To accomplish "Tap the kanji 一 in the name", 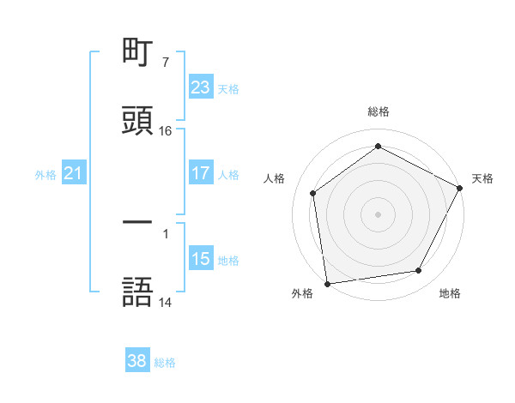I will [x=138, y=222].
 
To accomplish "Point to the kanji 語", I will [x=138, y=291].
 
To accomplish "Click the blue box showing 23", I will [x=201, y=87].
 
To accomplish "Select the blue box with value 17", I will [x=201, y=173].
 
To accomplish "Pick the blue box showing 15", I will [x=201, y=259].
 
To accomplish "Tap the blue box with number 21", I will [x=74, y=173].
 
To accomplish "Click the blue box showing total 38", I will [x=137, y=361].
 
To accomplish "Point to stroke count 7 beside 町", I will [x=165, y=63].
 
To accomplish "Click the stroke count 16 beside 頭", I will [x=166, y=131].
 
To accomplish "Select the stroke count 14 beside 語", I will [x=166, y=303].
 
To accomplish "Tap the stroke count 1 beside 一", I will [x=165, y=233].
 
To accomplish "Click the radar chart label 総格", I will [x=378, y=111].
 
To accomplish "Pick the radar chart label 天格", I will [x=482, y=178].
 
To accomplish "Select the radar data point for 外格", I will [x=327, y=282].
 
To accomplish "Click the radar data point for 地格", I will [x=419, y=271].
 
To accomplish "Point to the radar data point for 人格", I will [x=313, y=193].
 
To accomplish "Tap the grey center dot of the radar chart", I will [x=378, y=214].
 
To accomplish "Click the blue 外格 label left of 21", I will [x=45, y=174].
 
